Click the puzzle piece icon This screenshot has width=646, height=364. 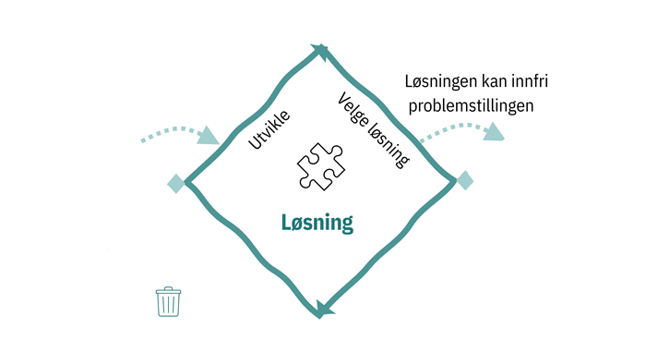pyautogui.click(x=320, y=167)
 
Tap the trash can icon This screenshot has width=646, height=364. pyautogui.click(x=168, y=303)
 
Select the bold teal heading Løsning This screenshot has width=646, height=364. pyautogui.click(x=317, y=223)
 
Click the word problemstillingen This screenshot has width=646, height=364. pyautogui.click(x=472, y=107)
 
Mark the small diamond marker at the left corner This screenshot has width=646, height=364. pyautogui.click(x=175, y=184)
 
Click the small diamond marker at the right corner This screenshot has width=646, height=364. pyautogui.click(x=465, y=180)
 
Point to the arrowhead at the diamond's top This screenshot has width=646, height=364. pyautogui.click(x=320, y=50)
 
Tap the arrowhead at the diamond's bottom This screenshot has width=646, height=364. pyautogui.click(x=321, y=309)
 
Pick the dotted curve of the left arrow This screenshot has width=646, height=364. pyautogui.click(x=171, y=131)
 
